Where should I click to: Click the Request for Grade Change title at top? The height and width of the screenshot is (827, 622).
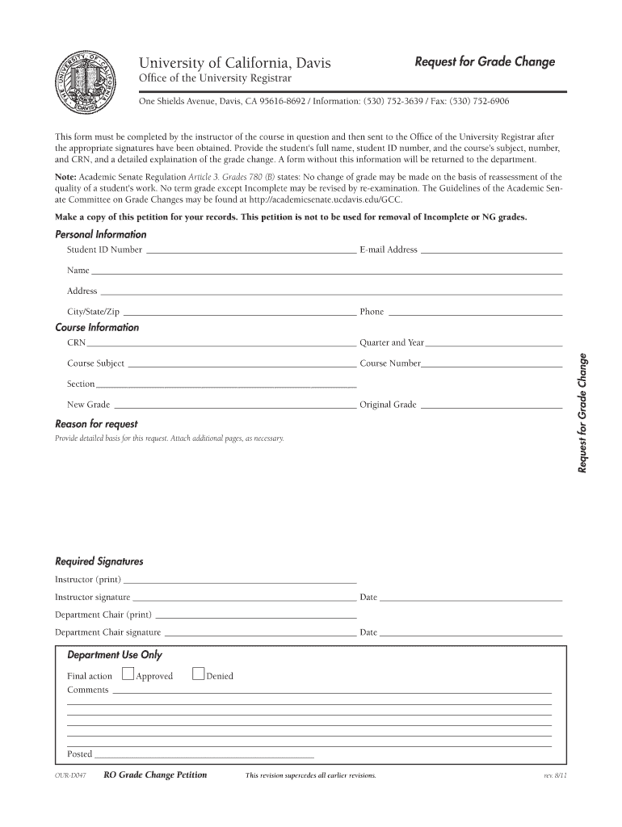point(485,62)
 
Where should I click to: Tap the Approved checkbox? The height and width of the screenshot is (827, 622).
point(128,674)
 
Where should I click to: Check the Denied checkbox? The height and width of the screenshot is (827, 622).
point(198,674)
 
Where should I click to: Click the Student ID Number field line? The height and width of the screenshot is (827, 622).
point(250,252)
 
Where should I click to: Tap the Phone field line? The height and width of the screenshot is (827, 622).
point(474,313)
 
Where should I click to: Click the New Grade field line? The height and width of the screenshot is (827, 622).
point(234,406)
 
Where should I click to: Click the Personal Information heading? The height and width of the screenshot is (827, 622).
point(100,234)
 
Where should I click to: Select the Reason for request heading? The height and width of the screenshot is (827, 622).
point(96,424)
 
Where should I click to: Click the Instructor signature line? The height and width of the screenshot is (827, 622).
point(244,599)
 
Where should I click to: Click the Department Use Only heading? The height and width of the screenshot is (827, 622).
point(114,655)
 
